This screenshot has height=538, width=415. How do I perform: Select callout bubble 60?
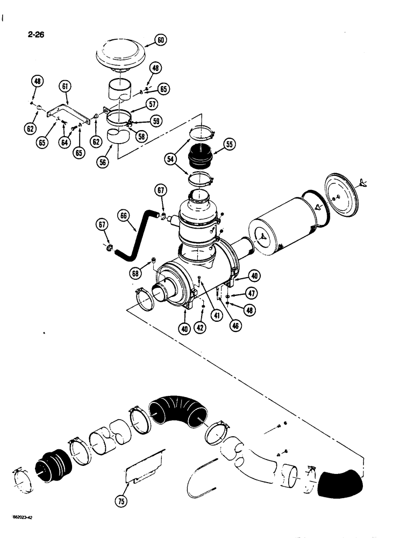pyautogui.click(x=161, y=40)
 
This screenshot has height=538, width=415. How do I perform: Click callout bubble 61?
pyautogui.click(x=65, y=86)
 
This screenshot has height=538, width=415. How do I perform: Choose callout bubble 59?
pyautogui.click(x=156, y=122)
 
